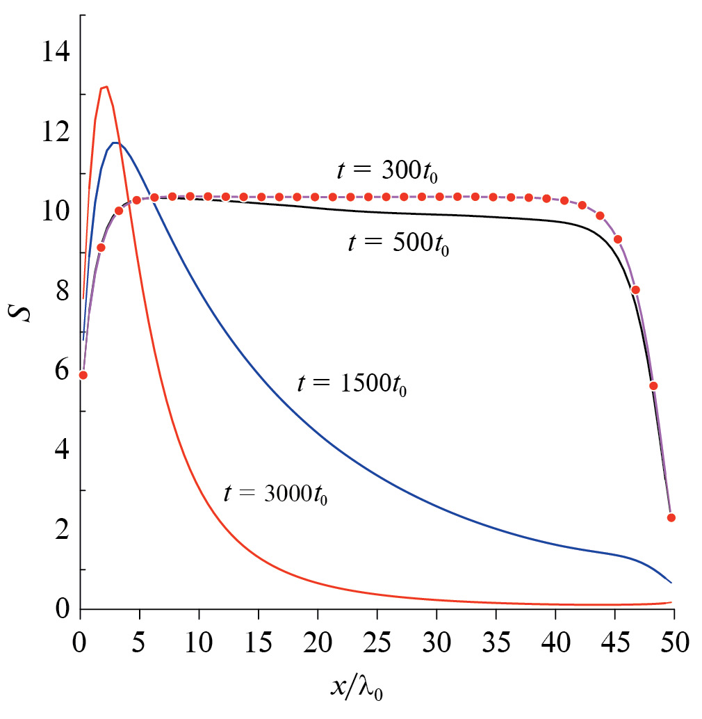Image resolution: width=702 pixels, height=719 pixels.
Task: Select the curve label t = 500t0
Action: click(x=398, y=245)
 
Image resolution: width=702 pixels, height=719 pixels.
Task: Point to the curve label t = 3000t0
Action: click(x=275, y=494)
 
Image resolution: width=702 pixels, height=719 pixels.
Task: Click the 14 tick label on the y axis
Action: click(x=55, y=53)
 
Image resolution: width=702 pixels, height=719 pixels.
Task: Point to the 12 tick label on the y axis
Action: click(x=55, y=132)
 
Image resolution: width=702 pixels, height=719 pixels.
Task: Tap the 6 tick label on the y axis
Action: click(x=61, y=371)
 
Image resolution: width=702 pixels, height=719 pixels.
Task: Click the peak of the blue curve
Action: click(x=115, y=143)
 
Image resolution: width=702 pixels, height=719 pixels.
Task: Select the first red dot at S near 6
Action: click(x=83, y=375)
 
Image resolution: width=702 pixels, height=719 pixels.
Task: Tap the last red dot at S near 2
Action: click(x=671, y=517)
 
